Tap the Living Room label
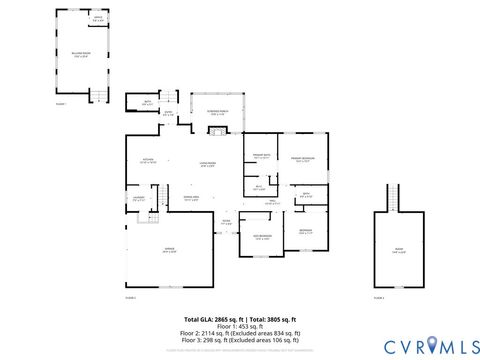click(x=208, y=164)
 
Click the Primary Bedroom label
click(x=303, y=159)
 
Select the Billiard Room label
click(x=80, y=56)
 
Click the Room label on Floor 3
click(x=399, y=251)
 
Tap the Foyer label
click(x=227, y=222)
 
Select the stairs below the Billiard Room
click(x=98, y=96)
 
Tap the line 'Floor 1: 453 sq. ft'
click(x=239, y=325)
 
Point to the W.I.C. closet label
click(x=259, y=187)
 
